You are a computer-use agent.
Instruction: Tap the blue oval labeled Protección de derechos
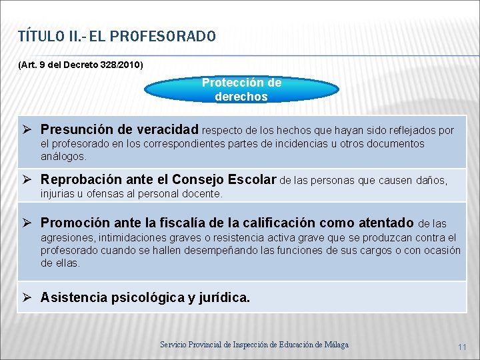click(x=241, y=90)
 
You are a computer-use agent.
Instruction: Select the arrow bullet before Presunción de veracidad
click(x=30, y=129)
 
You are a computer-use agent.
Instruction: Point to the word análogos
click(x=63, y=157)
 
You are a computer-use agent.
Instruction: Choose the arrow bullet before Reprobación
click(x=30, y=180)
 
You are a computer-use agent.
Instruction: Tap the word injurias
click(x=57, y=194)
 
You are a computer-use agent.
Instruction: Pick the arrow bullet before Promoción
click(x=30, y=223)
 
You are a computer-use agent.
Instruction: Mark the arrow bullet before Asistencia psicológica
click(x=30, y=298)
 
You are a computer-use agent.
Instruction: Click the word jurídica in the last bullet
click(x=224, y=298)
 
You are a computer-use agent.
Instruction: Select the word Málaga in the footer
click(x=335, y=345)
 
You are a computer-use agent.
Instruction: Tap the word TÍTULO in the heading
click(x=41, y=36)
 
